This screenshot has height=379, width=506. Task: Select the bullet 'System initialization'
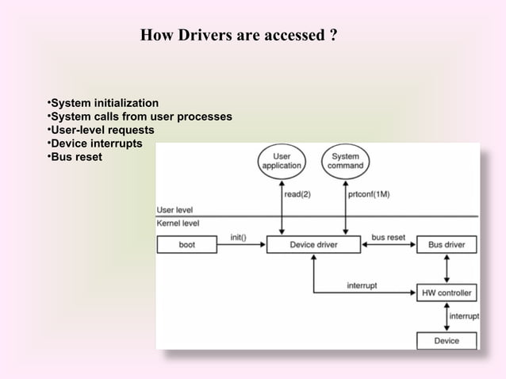coord(102,104)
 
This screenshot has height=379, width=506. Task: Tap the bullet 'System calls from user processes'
coord(139,117)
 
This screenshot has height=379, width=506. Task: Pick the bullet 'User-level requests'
coord(99,130)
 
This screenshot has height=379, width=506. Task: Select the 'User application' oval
coord(282,161)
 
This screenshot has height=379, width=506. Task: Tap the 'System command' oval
coord(345,161)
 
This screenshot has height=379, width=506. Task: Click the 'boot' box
coord(186,245)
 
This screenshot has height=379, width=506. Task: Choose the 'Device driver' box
coord(313,245)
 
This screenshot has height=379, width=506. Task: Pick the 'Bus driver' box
coord(447,245)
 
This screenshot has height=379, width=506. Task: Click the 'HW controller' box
coord(447,293)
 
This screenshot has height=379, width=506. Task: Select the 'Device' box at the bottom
coord(447,340)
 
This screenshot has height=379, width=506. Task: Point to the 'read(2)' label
coord(298,193)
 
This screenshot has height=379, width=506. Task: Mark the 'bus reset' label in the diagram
coord(388,236)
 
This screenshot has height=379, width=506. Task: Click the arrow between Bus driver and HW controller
coord(447,269)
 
